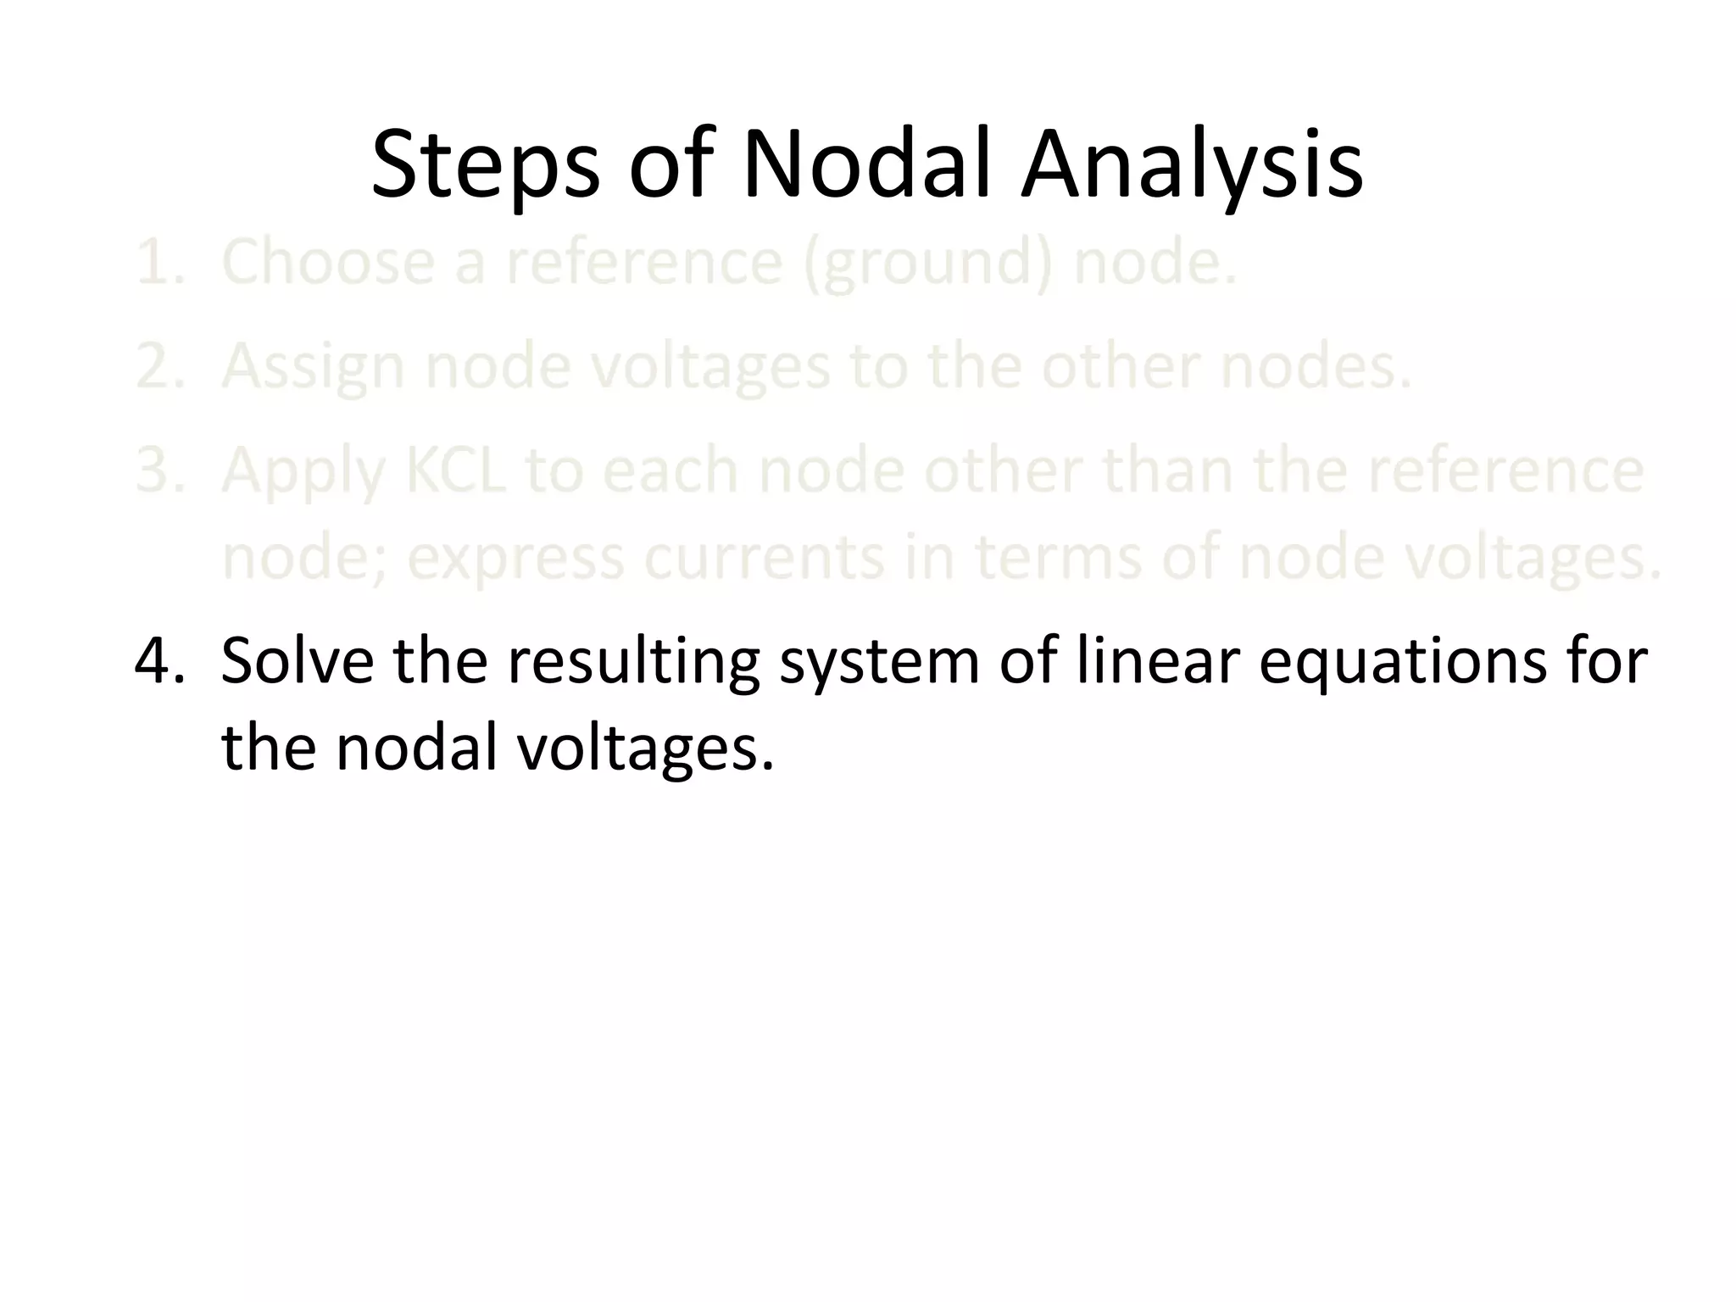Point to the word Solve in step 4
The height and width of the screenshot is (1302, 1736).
[x=297, y=661]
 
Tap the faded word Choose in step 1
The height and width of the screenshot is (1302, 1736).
[x=327, y=262]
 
